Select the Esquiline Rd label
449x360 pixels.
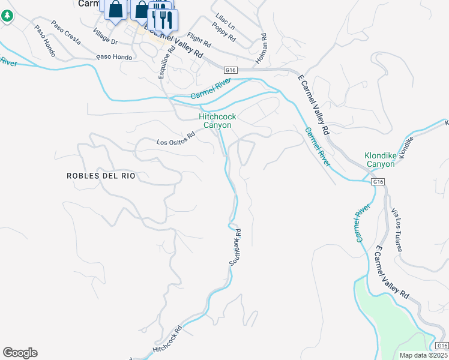click(166, 62)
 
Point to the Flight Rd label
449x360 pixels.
click(199, 40)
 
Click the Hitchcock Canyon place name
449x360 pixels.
click(217, 121)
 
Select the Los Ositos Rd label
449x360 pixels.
click(176, 139)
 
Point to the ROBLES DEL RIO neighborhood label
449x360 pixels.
click(101, 176)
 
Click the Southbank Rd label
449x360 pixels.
click(235, 246)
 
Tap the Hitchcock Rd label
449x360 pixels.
click(167, 340)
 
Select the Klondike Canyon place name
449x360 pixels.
click(381, 159)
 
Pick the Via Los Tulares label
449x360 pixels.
click(397, 230)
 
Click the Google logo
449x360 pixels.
click(20, 353)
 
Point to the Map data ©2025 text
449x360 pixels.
click(424, 355)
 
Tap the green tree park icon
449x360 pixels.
click(7, 16)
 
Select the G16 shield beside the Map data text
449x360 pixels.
click(441, 346)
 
